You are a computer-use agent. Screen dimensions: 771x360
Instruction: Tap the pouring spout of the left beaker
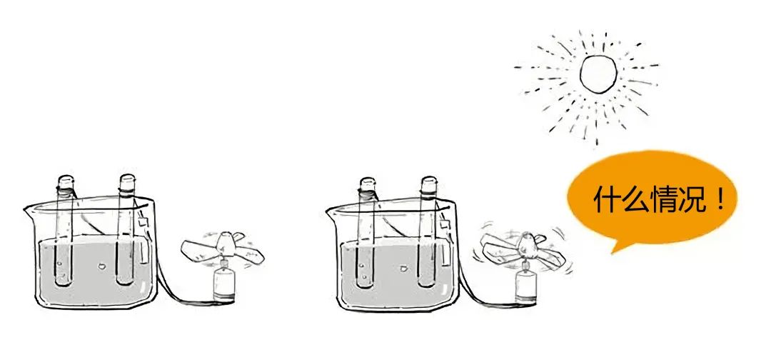click(x=29, y=211)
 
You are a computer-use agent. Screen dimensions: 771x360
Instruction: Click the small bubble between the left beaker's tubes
click(x=102, y=266)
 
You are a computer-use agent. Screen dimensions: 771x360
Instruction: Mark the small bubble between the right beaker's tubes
click(x=403, y=269)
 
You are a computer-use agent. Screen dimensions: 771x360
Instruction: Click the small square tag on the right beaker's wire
click(x=445, y=225)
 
